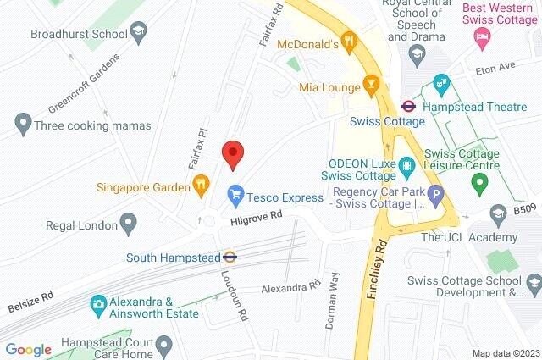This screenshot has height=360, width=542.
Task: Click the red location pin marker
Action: point(233,155)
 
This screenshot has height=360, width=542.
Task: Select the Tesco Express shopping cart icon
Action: point(235,197)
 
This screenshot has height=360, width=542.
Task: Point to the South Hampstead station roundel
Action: point(230,257)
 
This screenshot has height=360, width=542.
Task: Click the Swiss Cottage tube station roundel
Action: point(407,107)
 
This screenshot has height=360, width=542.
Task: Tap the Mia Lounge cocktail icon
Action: point(370,85)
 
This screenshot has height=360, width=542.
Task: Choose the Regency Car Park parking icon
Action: point(435,197)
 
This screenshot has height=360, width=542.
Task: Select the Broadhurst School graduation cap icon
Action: point(136,34)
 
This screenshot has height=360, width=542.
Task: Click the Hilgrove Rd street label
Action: point(255,220)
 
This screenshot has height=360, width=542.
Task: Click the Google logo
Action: point(28,349)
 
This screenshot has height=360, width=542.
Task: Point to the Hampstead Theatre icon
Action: point(441,83)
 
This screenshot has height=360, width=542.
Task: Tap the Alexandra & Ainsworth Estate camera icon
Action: point(98,302)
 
